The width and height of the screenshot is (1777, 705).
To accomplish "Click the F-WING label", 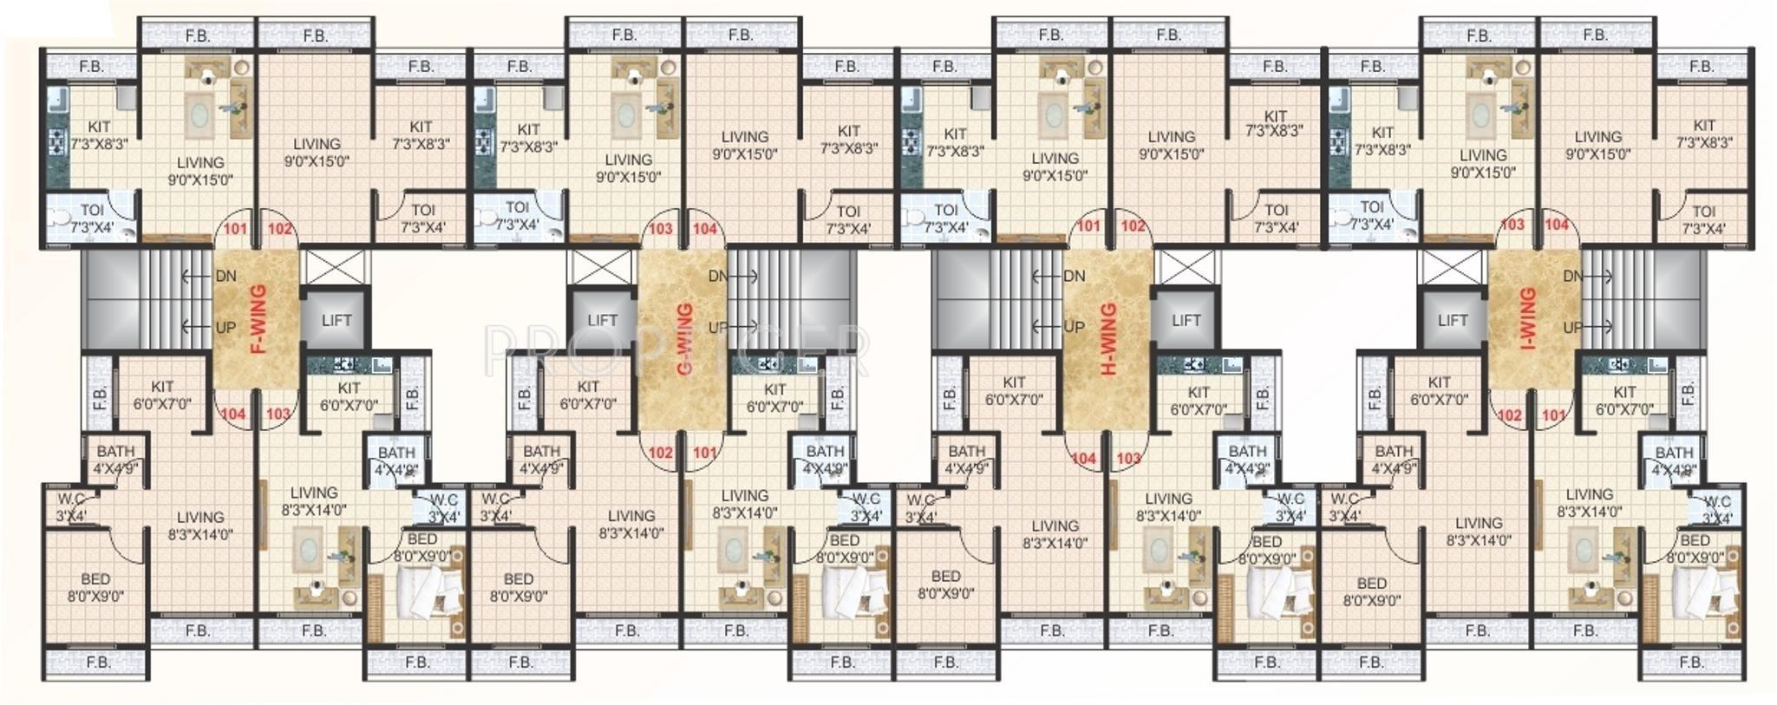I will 258,319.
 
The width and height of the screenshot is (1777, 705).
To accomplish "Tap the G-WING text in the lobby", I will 685,339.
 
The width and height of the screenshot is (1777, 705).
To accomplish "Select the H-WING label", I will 1109,339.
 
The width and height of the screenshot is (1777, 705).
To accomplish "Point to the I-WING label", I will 1528,319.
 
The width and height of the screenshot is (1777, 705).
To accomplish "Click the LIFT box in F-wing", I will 336,320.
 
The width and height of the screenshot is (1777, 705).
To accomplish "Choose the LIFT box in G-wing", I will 602,320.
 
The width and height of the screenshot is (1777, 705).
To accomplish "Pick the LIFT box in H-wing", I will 1186,320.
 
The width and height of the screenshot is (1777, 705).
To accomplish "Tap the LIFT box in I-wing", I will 1452,320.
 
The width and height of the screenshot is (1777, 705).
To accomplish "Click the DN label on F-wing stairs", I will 225,277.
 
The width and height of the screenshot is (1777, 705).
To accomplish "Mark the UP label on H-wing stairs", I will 1074,327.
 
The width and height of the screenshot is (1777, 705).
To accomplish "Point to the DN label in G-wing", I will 718,277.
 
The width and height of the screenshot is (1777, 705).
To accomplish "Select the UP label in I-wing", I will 1571,327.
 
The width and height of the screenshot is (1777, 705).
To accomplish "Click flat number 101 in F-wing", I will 236,230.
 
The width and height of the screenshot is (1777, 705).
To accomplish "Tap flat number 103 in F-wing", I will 278,415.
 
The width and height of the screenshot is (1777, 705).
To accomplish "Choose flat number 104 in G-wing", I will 705,230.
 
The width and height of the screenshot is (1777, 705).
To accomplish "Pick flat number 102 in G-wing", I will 660,453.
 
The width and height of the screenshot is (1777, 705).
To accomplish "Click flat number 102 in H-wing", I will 1133,226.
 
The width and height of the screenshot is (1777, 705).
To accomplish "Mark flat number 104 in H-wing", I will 1083,459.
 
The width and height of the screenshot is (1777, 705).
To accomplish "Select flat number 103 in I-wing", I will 1512,225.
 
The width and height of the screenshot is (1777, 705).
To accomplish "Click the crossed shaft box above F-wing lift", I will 336,267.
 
